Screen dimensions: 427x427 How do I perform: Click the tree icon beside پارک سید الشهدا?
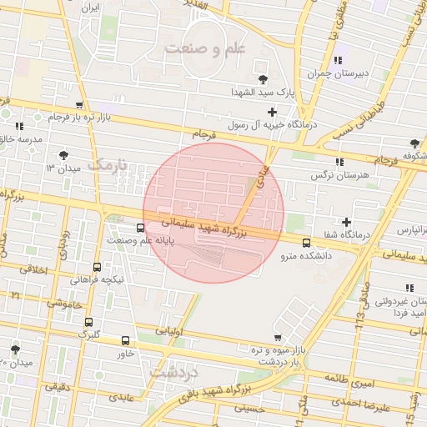(264, 79)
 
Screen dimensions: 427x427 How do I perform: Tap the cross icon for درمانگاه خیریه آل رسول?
(272, 112)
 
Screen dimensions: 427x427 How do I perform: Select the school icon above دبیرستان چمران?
(338, 60)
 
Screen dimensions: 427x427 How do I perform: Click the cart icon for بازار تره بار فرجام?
(79, 105)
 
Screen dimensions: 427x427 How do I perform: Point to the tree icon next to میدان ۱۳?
(64, 155)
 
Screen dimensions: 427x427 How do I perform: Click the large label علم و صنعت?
(206, 48)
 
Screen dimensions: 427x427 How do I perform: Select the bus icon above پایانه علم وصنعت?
(138, 229)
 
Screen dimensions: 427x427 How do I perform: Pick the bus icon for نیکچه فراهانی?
(97, 268)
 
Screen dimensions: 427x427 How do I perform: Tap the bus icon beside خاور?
(125, 340)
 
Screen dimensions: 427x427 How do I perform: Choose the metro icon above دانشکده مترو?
(306, 243)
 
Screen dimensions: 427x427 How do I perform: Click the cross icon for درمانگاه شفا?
(346, 221)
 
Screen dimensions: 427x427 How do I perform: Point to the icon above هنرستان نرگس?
(338, 163)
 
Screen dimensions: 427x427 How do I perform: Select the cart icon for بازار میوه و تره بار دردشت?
(278, 338)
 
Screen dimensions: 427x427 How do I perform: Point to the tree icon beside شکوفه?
(414, 144)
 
